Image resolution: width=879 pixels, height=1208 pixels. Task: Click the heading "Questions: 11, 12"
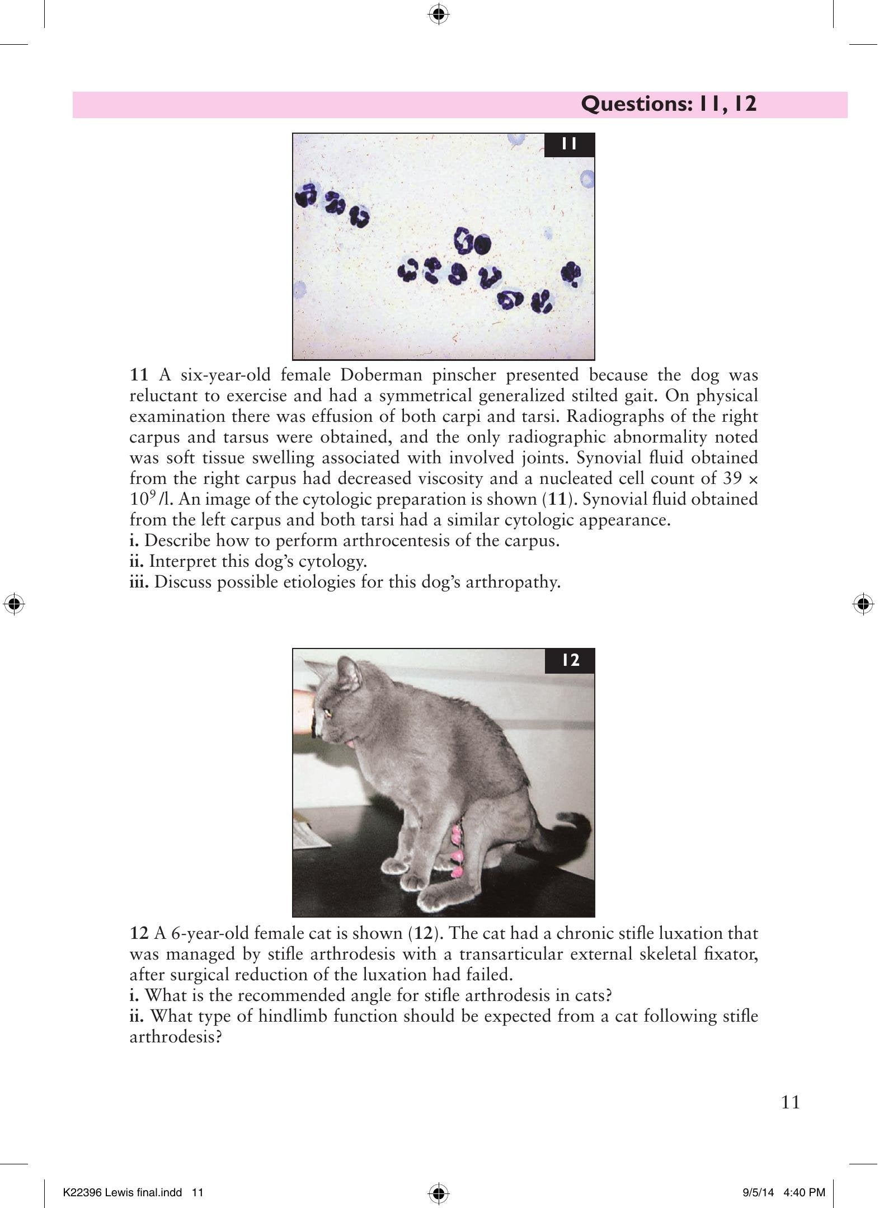click(x=669, y=104)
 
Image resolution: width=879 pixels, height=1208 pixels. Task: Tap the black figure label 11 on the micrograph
click(x=569, y=144)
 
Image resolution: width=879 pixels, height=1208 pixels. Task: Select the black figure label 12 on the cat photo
click(x=570, y=660)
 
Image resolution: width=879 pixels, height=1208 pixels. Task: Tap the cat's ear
click(x=347, y=671)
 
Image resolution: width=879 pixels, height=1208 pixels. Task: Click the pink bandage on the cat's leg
click(x=458, y=852)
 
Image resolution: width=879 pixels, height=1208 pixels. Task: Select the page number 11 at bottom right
click(x=790, y=1102)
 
